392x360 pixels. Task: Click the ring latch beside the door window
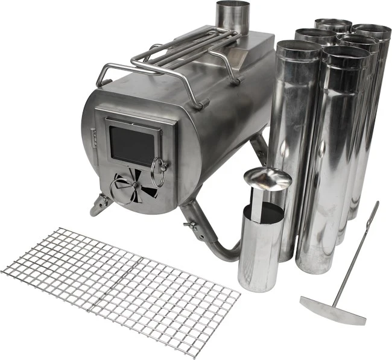pyautogui.click(x=159, y=172)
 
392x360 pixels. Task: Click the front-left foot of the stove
pyautogui.click(x=100, y=205)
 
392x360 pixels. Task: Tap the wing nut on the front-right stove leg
pyautogui.click(x=192, y=226)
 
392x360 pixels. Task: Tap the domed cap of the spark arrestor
pyautogui.click(x=267, y=178)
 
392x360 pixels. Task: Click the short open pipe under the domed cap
pyautogui.click(x=259, y=247)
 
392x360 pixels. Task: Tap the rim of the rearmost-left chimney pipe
pyautogui.click(x=333, y=25)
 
